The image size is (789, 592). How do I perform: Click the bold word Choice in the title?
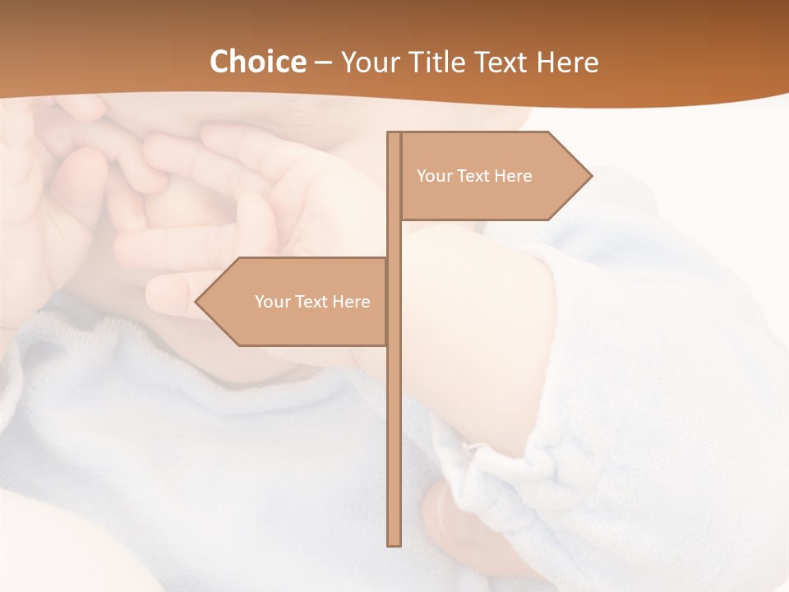257,62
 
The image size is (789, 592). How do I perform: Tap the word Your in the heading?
369,62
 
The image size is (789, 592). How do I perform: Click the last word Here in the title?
567,62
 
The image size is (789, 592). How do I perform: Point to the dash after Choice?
323,63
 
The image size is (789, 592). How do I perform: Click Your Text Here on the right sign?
474,176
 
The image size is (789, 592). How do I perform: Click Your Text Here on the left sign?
312,302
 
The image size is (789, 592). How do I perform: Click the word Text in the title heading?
504,62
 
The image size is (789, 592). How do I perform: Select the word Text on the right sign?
474,176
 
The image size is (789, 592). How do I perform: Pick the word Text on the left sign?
312,302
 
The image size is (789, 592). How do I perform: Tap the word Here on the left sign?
351,302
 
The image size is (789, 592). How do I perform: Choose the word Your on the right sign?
434,176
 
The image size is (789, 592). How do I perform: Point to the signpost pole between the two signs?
394,238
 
